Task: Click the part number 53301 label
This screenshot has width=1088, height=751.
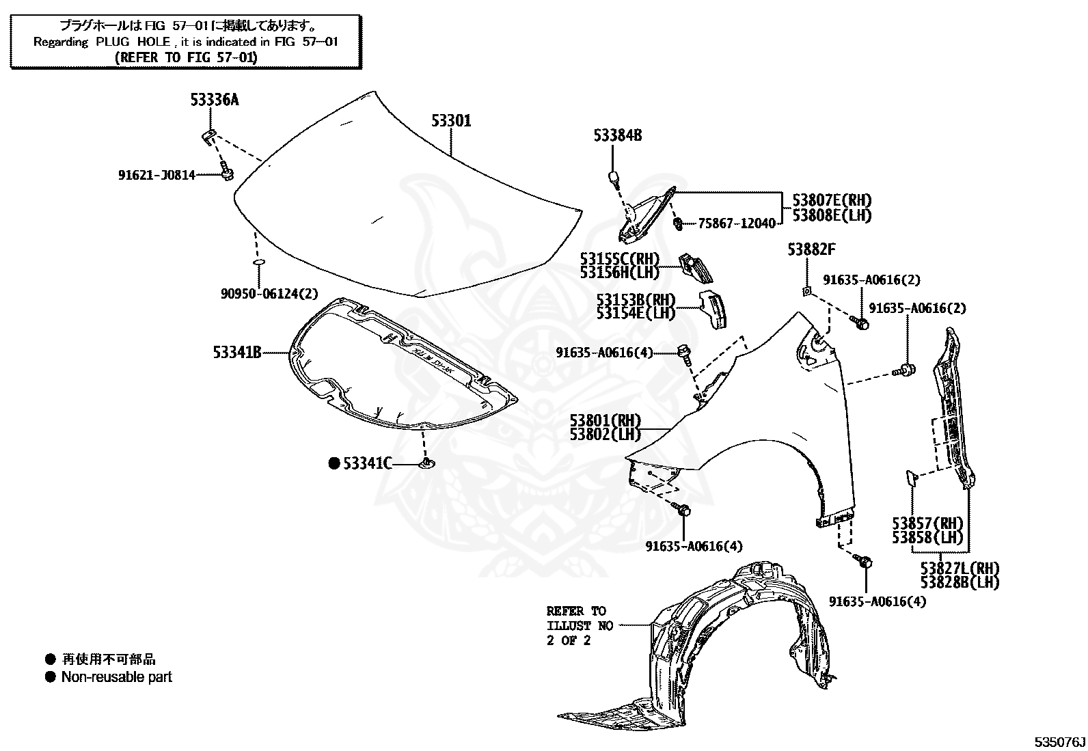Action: tap(451, 122)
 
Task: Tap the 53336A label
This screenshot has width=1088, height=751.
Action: tap(215, 100)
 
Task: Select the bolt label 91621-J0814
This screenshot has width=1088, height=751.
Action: tap(157, 175)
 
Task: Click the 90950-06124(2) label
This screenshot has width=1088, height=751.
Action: tap(269, 294)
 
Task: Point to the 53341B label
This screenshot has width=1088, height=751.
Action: tap(237, 353)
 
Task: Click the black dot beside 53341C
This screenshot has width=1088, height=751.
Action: tap(334, 463)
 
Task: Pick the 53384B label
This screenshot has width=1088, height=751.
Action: tap(618, 136)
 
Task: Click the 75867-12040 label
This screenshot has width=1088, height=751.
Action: tap(737, 223)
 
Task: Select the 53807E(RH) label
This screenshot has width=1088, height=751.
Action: tap(832, 200)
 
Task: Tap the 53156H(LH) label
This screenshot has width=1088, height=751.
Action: tap(620, 272)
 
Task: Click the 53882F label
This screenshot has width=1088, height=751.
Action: tap(811, 249)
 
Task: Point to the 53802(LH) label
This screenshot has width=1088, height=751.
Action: tap(605, 434)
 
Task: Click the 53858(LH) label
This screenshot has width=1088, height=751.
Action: tap(927, 537)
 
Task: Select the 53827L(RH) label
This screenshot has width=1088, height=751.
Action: tap(960, 568)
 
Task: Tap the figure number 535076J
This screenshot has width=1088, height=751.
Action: tap(1060, 741)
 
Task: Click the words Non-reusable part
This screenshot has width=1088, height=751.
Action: tap(117, 677)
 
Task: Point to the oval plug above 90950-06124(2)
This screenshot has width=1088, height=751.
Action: tap(258, 262)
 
